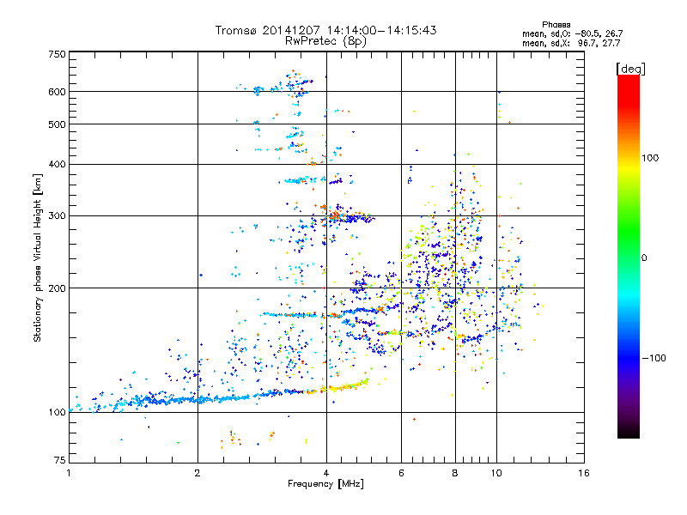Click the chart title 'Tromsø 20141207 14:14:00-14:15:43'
point(326,30)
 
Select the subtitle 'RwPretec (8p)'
point(326,40)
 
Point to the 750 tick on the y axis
point(58,54)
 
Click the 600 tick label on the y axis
point(58,92)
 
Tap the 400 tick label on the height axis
point(58,164)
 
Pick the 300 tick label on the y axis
point(58,215)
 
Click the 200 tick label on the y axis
point(58,288)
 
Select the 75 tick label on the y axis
point(59,461)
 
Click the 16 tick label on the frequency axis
point(583,473)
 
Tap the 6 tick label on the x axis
point(401,473)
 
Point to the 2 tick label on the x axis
point(198,473)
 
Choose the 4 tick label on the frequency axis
point(326,473)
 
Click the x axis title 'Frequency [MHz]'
point(326,484)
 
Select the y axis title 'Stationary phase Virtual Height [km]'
point(38,257)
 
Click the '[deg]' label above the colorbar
point(632,68)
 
